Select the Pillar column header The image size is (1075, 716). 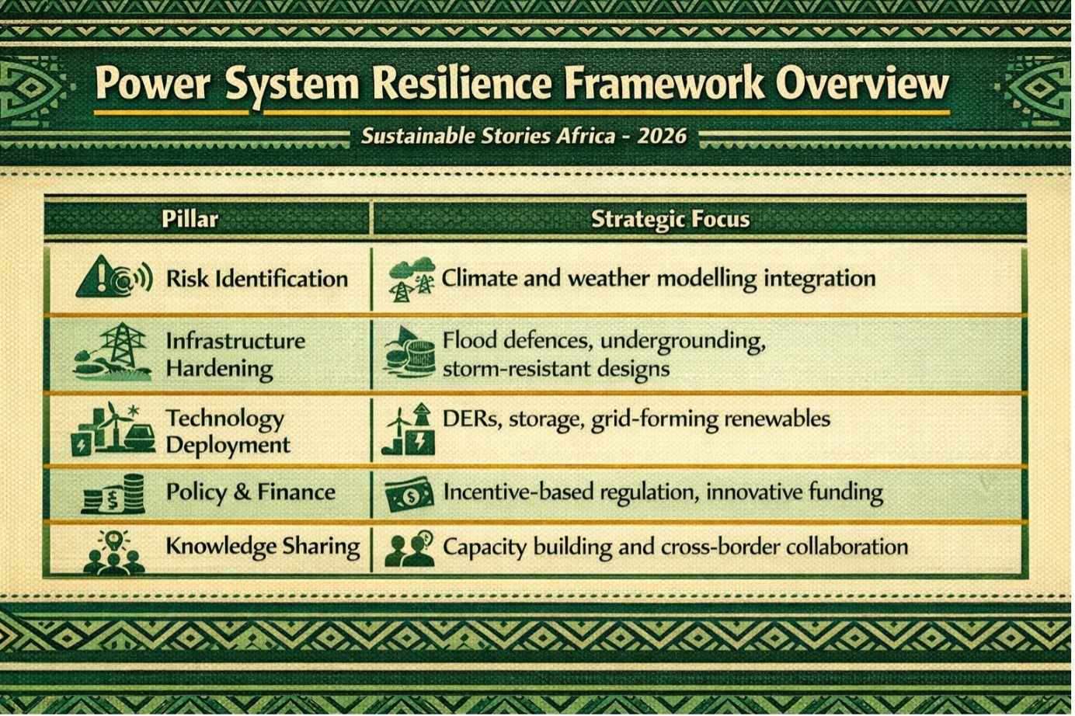coord(190,219)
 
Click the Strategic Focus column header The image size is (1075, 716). coord(670,219)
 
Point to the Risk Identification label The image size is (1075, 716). coord(257,279)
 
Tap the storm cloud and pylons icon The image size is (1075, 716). coord(412,280)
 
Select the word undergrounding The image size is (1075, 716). coord(683,342)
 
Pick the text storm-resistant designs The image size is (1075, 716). coord(555,370)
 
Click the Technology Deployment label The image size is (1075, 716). coord(228,432)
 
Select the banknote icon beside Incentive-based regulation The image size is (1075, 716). coord(409,494)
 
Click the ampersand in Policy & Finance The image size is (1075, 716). coord(242,492)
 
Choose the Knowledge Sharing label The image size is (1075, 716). coord(263,547)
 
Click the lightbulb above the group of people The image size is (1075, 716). coord(113,540)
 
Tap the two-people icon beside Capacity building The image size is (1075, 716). coord(409,550)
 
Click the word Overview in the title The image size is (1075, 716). coord(862,84)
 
